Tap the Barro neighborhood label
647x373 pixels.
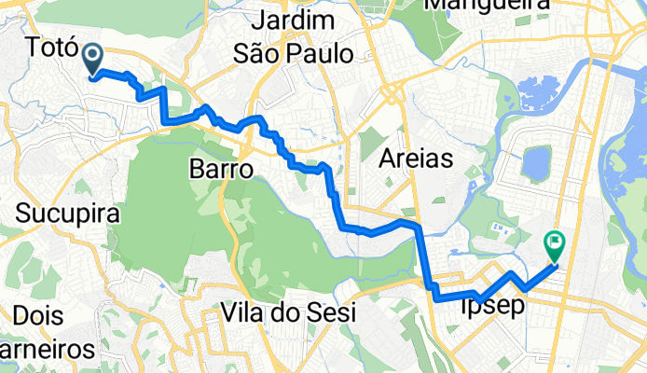point(221,170)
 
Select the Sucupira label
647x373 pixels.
point(68,214)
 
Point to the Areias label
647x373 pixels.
point(417,159)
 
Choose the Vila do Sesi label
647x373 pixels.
point(289,313)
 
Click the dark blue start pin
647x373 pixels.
point(94,61)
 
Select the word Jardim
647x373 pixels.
point(294,20)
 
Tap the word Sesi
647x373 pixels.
point(330,313)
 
